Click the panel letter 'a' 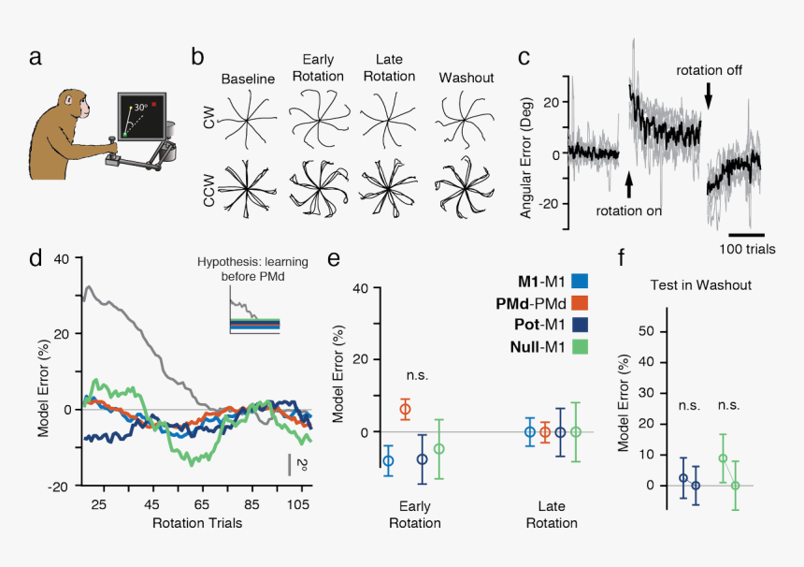tap(35, 57)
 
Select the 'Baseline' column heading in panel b tap(248, 79)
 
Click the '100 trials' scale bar tap(746, 233)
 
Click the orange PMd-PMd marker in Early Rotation tap(406, 409)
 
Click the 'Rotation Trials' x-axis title tap(196, 523)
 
